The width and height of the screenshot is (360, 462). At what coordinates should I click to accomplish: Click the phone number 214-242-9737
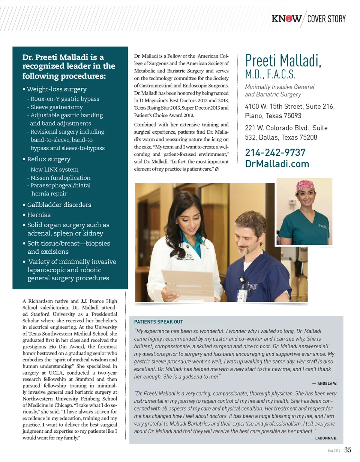pos(275,153)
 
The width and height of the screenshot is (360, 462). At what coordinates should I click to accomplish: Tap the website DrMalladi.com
pos(277,164)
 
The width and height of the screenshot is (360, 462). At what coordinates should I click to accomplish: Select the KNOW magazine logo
pos(287,19)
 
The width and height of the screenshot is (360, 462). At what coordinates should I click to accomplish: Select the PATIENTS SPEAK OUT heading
pos(159,322)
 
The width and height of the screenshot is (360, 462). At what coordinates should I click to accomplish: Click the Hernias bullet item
pos(39,215)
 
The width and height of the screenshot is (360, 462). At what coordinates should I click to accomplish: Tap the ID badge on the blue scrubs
pos(242,294)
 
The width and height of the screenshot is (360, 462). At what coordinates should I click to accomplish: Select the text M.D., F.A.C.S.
pos(271,74)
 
